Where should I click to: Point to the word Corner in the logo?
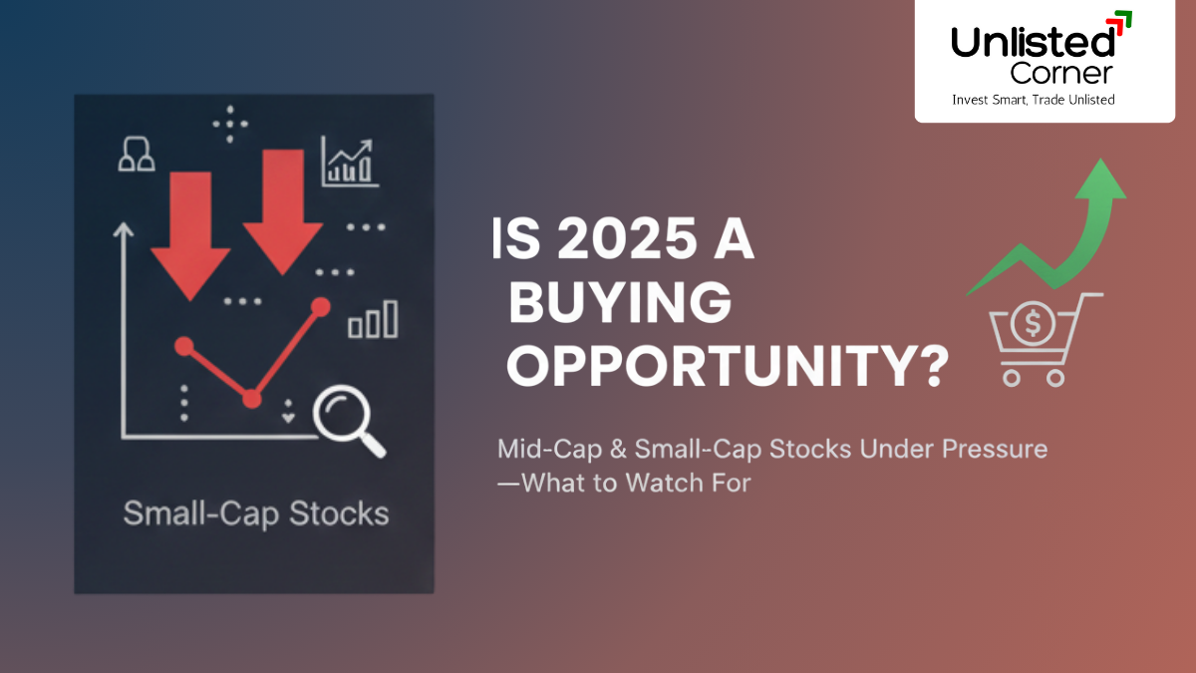click(1061, 72)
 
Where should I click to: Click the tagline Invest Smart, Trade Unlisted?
click(1034, 100)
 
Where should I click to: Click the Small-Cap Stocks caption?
click(255, 513)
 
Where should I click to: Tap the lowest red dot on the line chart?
click(252, 399)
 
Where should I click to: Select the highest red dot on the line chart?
click(320, 306)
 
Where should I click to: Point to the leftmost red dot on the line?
click(182, 346)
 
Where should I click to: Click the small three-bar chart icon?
click(373, 320)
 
